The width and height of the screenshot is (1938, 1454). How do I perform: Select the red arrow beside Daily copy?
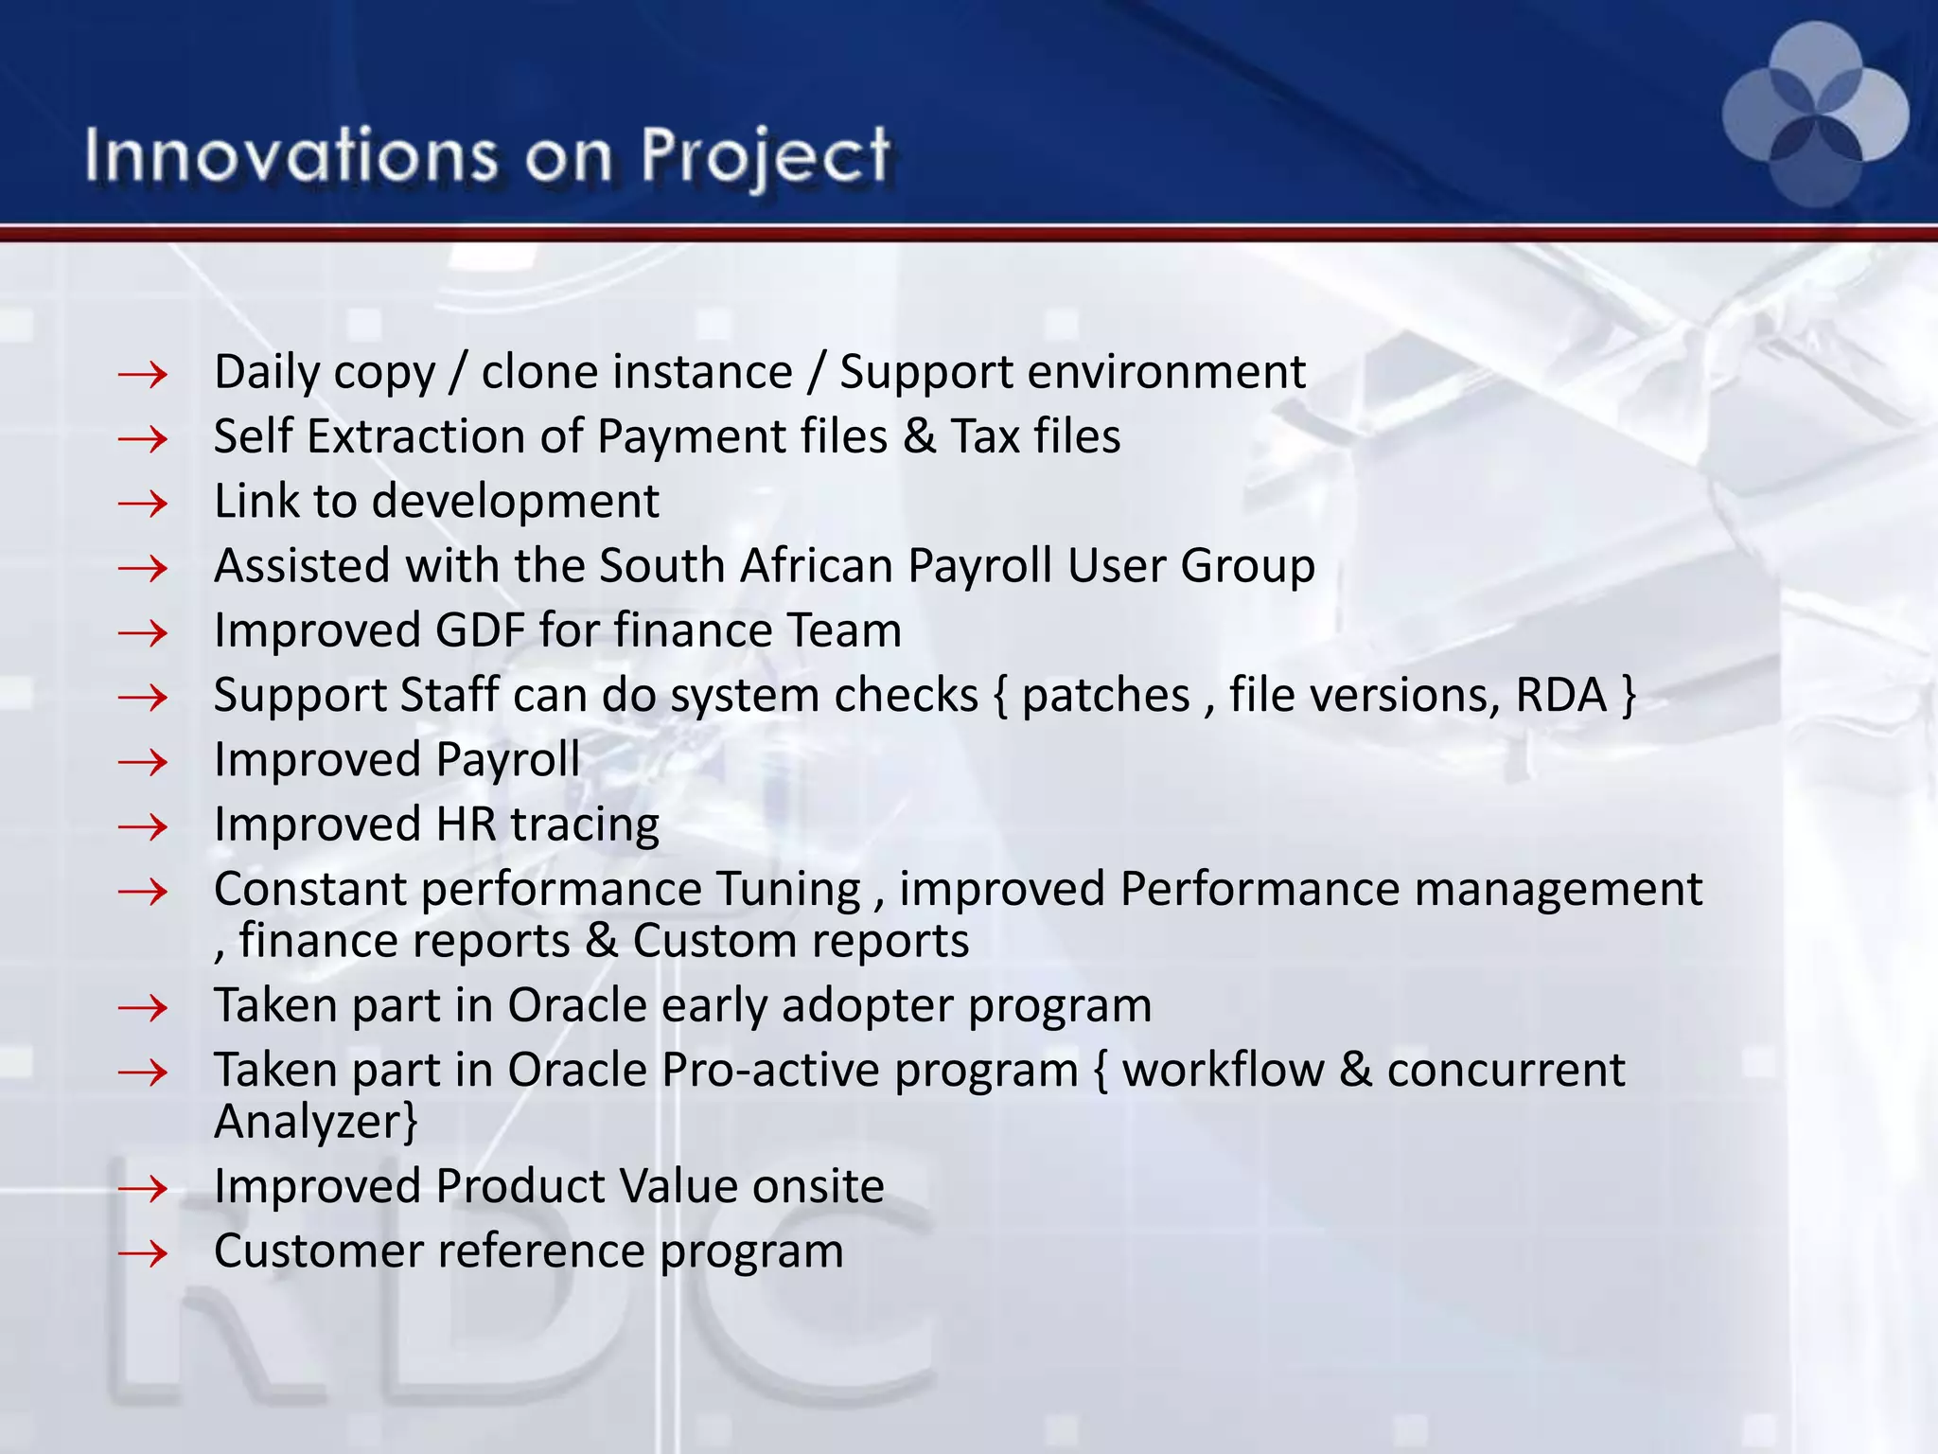143,376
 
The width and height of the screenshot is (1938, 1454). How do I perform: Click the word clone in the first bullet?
540,372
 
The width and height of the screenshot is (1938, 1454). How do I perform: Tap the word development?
515,502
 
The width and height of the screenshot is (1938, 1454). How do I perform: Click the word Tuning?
787,890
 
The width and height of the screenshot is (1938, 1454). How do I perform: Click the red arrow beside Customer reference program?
143,1254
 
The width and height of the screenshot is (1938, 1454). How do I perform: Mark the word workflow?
1222,1071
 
